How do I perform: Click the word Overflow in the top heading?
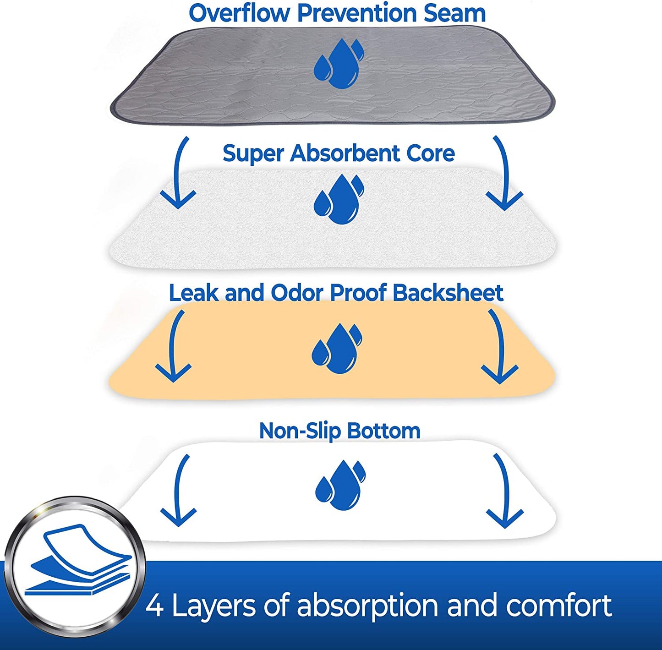(x=240, y=13)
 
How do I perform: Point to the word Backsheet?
(x=448, y=293)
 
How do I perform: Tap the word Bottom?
(x=383, y=431)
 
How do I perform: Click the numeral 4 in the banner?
(x=155, y=606)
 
